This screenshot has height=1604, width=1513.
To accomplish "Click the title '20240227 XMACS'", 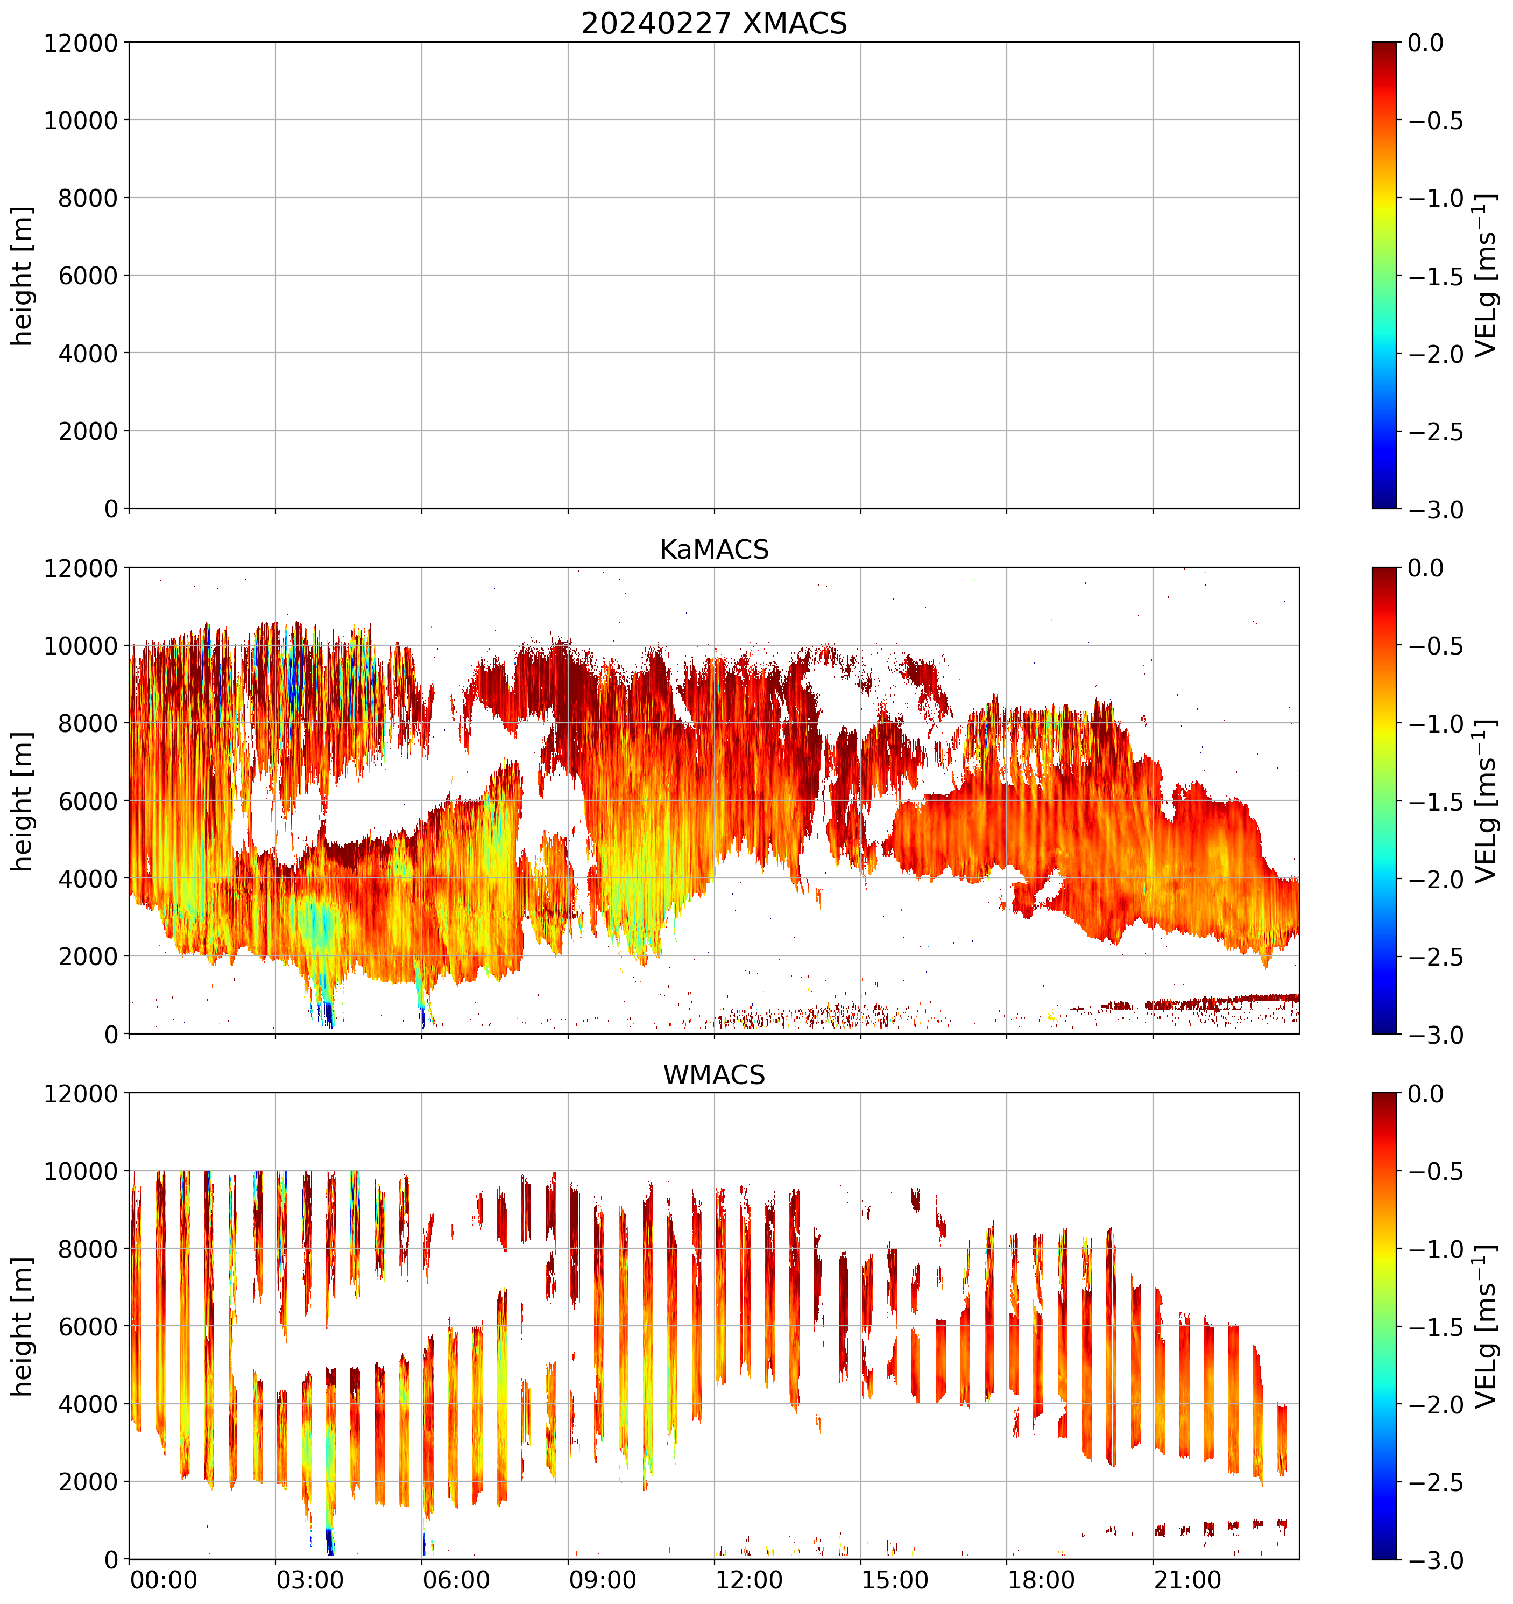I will pos(714,23).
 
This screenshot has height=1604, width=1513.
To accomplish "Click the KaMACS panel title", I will pos(714,550).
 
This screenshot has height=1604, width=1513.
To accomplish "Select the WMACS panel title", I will pos(714,1075).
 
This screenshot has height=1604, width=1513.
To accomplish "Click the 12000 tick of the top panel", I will pos(81,43).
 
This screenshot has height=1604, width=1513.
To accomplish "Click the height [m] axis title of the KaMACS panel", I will pos(23,801).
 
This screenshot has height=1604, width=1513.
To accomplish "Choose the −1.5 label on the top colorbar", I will pos(1436,276).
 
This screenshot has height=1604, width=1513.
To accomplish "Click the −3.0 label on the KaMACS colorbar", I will pos(1436,1035).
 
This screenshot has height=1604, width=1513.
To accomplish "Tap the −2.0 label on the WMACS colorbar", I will pos(1436,1405).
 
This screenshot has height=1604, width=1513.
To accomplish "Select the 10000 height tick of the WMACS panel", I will pos(81,1172).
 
